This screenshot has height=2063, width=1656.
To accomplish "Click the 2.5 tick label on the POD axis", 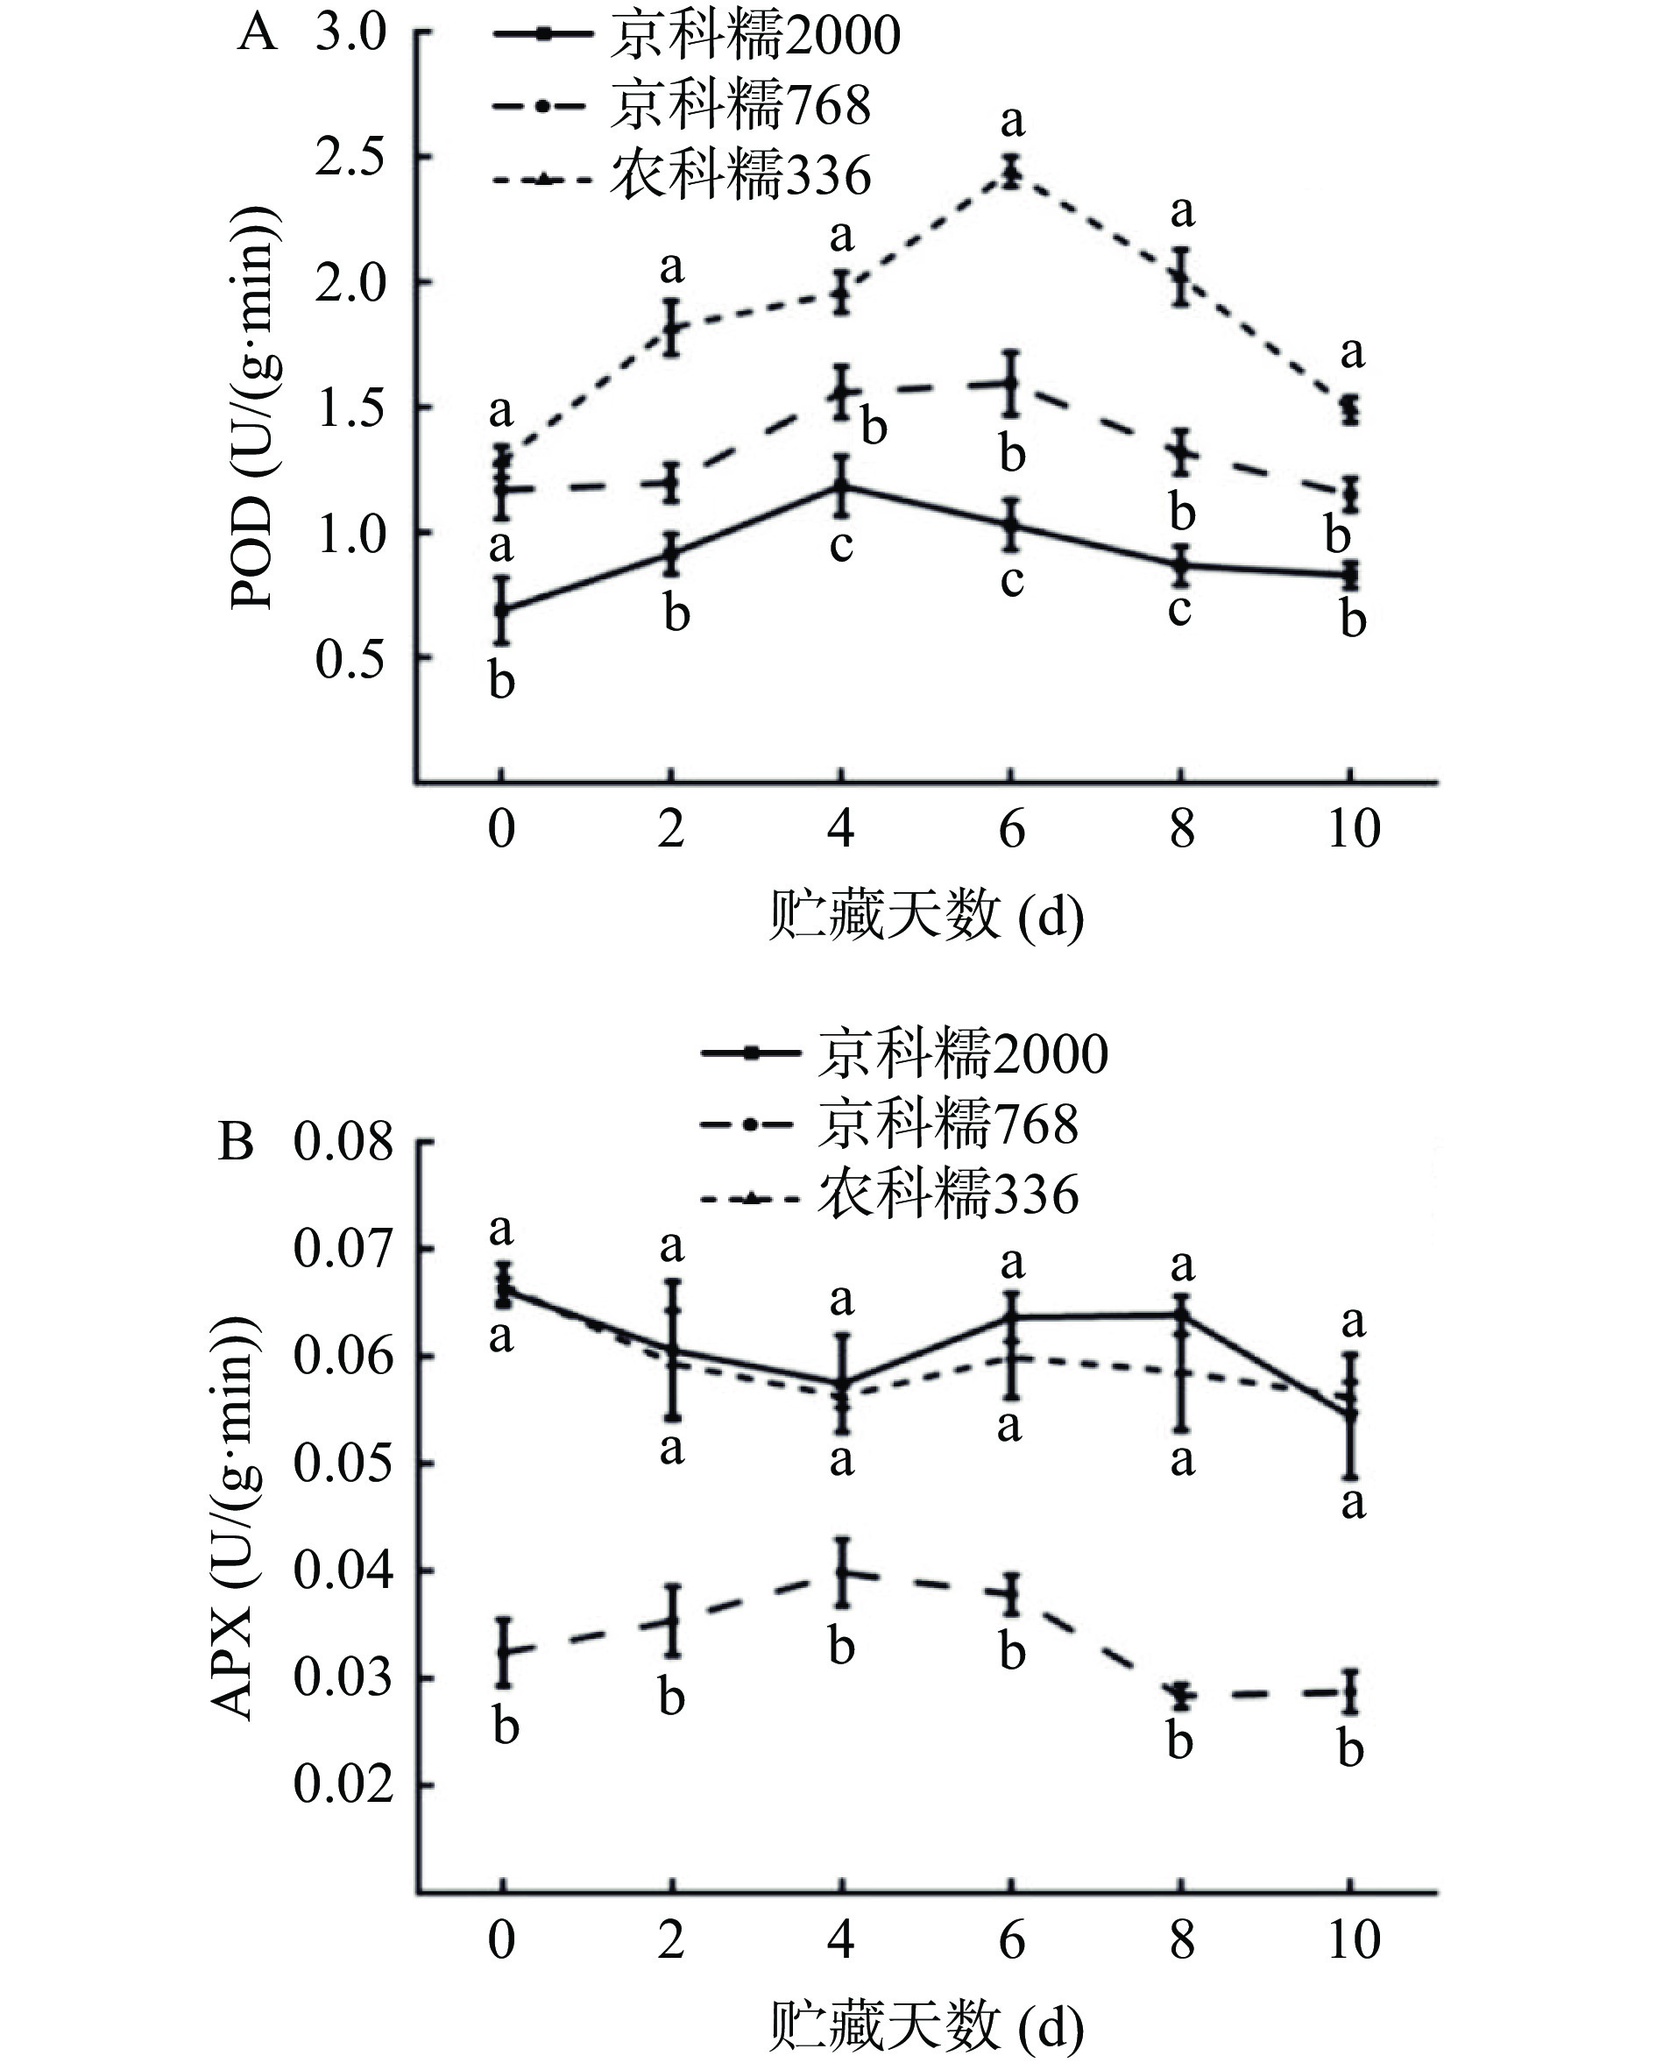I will tap(350, 158).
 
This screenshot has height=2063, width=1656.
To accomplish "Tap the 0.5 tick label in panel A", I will tap(350, 659).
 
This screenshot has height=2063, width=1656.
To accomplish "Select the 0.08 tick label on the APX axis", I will tap(343, 1142).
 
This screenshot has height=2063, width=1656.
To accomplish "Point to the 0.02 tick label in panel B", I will tap(343, 1783).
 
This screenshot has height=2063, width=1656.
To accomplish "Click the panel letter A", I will tap(258, 34).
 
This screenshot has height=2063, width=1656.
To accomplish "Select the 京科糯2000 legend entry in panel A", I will tap(697, 35).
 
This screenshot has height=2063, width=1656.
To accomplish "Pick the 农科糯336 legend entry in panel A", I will tap(681, 177).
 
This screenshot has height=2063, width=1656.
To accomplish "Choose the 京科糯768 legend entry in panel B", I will tap(889, 1124).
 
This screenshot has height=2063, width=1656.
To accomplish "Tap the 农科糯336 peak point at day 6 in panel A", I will tap(1011, 173).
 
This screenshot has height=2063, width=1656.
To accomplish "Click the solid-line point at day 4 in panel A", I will tap(841, 486).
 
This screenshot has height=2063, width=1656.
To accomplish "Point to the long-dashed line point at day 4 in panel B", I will tap(842, 1571).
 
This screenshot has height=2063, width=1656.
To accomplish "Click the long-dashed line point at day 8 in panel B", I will tap(1183, 1696).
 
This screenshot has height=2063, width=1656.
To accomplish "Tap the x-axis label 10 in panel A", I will tap(1353, 829).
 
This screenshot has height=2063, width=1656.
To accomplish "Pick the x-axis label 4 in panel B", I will tap(841, 1939).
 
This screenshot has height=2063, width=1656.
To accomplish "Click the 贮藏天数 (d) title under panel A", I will tap(925, 917).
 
